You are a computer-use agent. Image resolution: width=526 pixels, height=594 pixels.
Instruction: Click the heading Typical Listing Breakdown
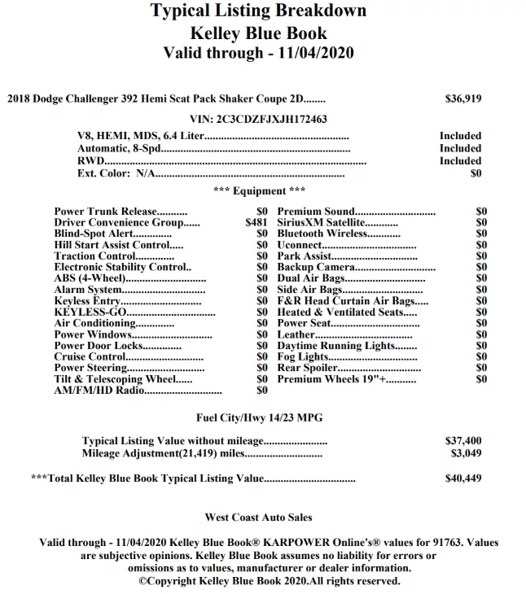pos(258,11)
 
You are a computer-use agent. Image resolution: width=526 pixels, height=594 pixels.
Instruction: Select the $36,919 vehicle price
pos(463,98)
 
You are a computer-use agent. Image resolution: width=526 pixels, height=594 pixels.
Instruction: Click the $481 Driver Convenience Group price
pos(256,222)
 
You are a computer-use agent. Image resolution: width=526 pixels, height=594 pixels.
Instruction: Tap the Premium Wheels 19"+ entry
pos(331,379)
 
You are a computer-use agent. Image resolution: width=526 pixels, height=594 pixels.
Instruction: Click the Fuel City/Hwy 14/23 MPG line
pos(259,417)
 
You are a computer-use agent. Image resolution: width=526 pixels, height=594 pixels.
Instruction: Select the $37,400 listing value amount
pos(463,441)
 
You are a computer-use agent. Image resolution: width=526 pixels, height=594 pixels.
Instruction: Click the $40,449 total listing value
pos(463,478)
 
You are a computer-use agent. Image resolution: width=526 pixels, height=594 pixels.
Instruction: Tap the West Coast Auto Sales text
pos(258,517)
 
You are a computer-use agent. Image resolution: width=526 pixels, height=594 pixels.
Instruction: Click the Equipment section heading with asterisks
pos(259,191)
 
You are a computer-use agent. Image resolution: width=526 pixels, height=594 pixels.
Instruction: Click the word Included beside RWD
pos(460,161)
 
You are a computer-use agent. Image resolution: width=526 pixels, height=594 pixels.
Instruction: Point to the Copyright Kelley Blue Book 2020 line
pos(269,581)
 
